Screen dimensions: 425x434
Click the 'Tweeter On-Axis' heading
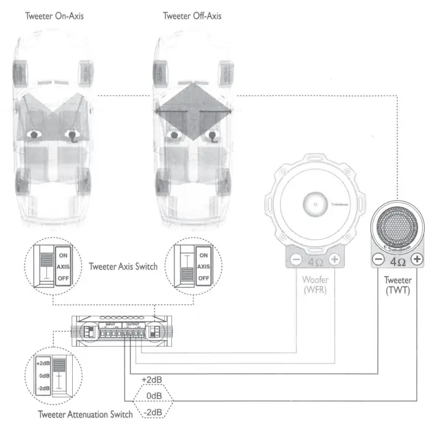pos(54,15)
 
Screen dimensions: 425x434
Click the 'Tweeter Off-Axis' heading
pos(192,15)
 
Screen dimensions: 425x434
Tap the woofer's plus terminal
pos(334,260)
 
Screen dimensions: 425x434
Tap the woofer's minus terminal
pos(296,260)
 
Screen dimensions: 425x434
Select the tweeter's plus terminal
pos(417,259)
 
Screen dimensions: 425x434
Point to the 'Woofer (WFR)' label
pos(315,284)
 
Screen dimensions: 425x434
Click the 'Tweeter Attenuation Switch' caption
pos(85,415)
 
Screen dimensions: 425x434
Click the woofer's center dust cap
pos(315,204)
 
